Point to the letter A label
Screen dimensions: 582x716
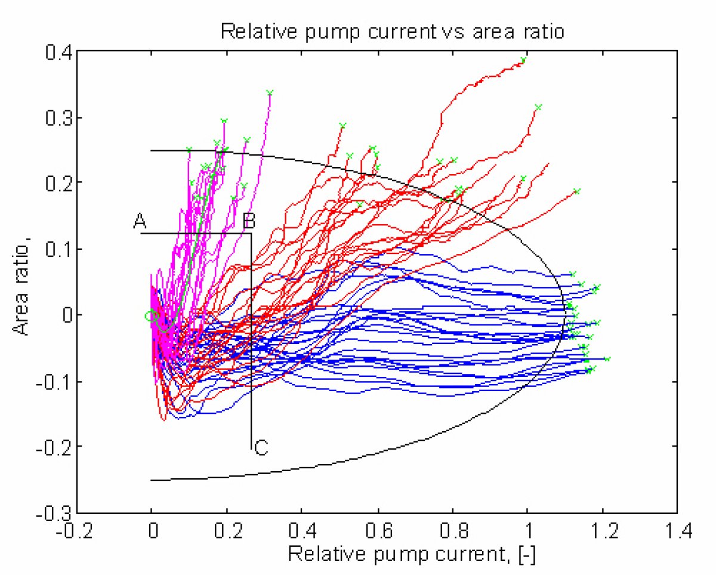pyautogui.click(x=140, y=222)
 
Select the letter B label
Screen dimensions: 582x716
pyautogui.click(x=249, y=222)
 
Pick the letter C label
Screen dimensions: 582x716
pyautogui.click(x=261, y=448)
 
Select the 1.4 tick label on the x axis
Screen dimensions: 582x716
pyautogui.click(x=677, y=532)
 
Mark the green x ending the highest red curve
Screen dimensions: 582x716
pyautogui.click(x=523, y=60)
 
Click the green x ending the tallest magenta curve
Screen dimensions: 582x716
pyautogui.click(x=270, y=92)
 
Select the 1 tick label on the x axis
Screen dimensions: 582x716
pyautogui.click(x=528, y=532)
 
